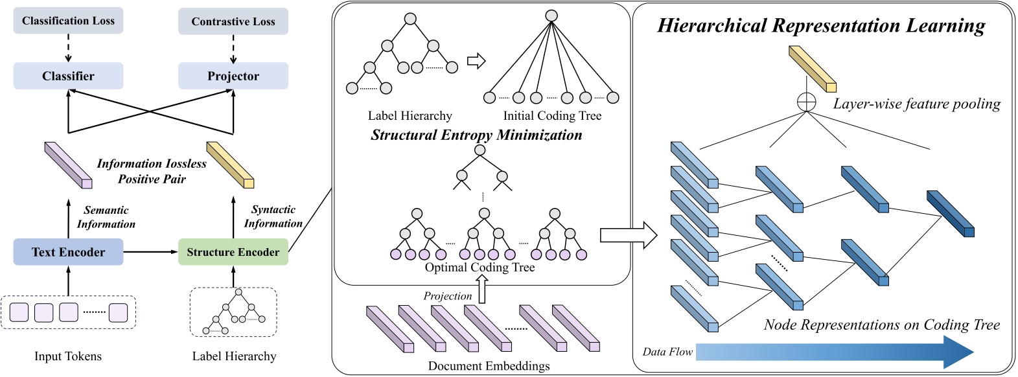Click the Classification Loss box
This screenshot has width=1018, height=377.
click(68, 21)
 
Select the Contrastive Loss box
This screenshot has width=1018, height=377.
click(233, 21)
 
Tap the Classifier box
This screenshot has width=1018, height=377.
click(68, 76)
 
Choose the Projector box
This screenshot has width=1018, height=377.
click(233, 76)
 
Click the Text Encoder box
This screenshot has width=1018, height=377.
click(68, 252)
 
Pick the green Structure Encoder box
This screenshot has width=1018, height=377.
click(233, 252)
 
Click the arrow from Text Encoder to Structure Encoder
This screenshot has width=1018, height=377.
click(150, 251)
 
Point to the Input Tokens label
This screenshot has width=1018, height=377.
click(68, 356)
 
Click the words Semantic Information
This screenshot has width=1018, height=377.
click(106, 217)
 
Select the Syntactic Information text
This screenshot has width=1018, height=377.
click(273, 216)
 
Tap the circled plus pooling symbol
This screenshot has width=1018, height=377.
click(807, 102)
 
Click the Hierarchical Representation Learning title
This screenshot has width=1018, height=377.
click(821, 25)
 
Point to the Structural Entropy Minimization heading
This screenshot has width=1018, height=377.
click(476, 135)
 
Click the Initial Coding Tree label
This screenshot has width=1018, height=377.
click(552, 116)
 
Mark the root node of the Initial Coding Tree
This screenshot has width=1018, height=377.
click(551, 16)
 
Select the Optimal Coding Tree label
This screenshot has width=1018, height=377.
click(480, 267)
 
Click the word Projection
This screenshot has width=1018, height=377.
click(448, 296)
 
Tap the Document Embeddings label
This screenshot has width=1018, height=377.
click(489, 365)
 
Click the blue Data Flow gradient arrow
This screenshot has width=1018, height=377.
click(835, 352)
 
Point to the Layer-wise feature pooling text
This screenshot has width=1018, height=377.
click(917, 104)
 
